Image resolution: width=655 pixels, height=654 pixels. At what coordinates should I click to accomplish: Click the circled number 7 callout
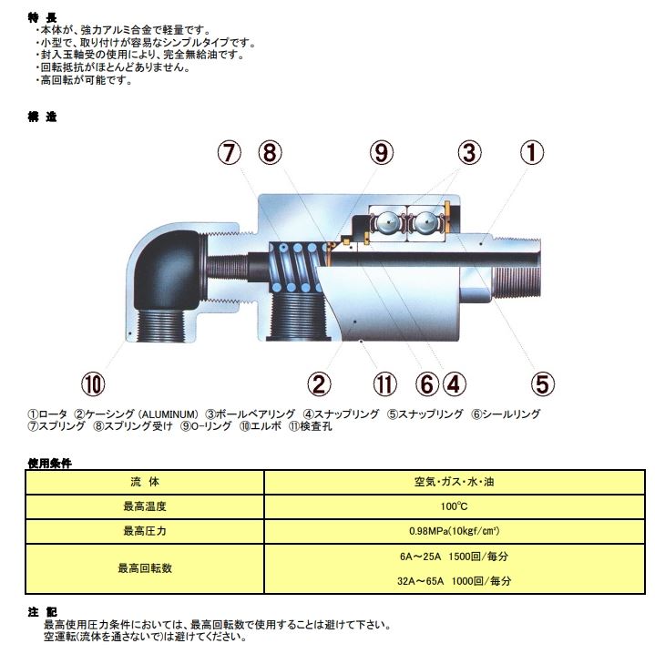(x=231, y=153)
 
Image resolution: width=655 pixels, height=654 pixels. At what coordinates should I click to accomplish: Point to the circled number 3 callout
(x=468, y=153)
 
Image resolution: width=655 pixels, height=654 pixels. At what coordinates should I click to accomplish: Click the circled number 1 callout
(x=533, y=153)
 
